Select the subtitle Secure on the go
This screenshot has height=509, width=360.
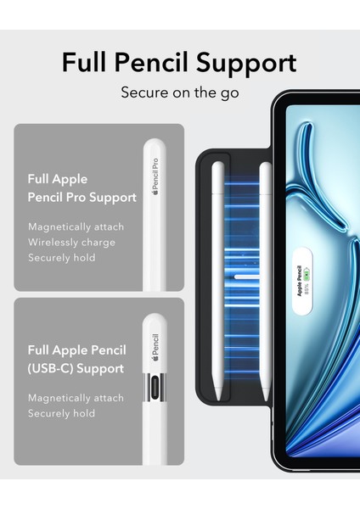coord(180,92)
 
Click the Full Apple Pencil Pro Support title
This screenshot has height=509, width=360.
coord(82,188)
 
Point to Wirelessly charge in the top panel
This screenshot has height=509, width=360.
coord(71,242)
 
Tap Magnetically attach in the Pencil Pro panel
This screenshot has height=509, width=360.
coord(76,227)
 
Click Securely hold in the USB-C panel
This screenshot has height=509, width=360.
coord(61,413)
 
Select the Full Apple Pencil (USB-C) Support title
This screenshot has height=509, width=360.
coord(76,360)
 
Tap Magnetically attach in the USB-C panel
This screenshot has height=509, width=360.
coord(76,397)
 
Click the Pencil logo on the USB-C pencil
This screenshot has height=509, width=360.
coord(155,347)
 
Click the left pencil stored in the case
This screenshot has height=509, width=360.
coord(219,271)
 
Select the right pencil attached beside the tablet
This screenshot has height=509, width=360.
coord(265,271)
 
